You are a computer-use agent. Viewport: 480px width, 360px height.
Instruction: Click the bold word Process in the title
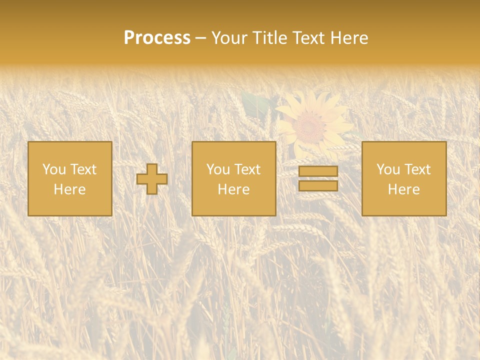pyautogui.click(x=157, y=37)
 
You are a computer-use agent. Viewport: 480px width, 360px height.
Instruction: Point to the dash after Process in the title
pyautogui.click(x=200, y=38)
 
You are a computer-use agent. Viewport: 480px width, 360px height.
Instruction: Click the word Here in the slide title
pyautogui.click(x=348, y=37)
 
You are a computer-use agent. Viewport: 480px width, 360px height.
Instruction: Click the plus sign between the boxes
pyautogui.click(x=152, y=179)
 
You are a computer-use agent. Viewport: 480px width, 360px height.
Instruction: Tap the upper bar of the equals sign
pyautogui.click(x=318, y=171)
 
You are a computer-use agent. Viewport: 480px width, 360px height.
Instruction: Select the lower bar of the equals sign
pyautogui.click(x=318, y=186)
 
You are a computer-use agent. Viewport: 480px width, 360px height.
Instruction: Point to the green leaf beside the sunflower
pyautogui.click(x=256, y=103)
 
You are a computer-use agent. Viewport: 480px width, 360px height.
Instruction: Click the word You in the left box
pyautogui.click(x=54, y=169)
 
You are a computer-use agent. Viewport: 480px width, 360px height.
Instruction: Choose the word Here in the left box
pyautogui.click(x=69, y=189)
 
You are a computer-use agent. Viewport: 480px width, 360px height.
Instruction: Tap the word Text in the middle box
pyautogui.click(x=247, y=169)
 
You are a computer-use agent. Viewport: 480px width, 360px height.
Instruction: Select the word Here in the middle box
pyautogui.click(x=233, y=189)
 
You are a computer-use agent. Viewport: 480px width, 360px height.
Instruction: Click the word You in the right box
pyautogui.click(x=388, y=169)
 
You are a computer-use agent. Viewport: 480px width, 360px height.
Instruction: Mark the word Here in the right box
pyautogui.click(x=403, y=189)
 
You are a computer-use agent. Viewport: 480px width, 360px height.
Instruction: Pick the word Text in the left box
pyautogui.click(x=83, y=169)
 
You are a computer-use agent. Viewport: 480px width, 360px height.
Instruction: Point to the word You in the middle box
pyautogui.click(x=218, y=169)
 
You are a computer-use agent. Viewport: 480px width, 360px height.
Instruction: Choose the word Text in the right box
pyautogui.click(x=417, y=169)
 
